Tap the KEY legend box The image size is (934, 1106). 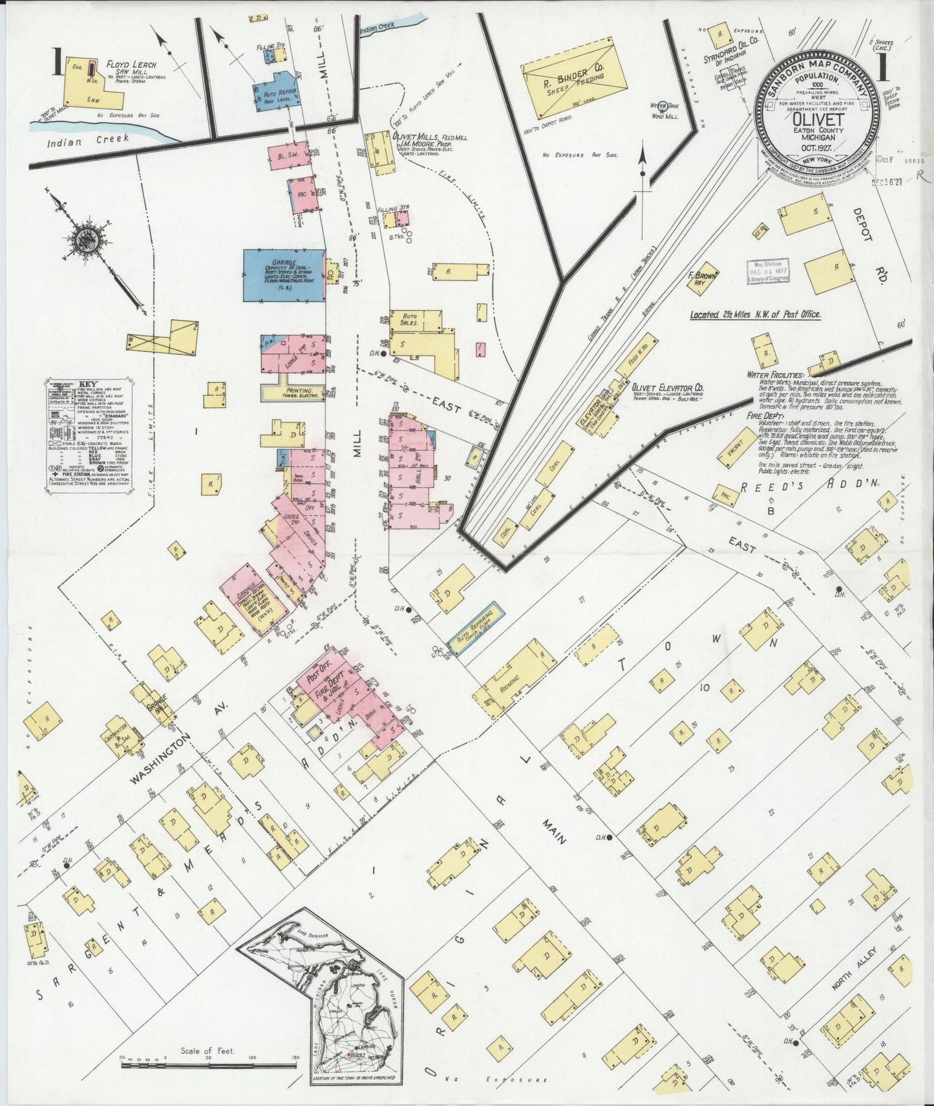pyautogui.click(x=89, y=437)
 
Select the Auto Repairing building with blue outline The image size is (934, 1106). pyautogui.click(x=474, y=628)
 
